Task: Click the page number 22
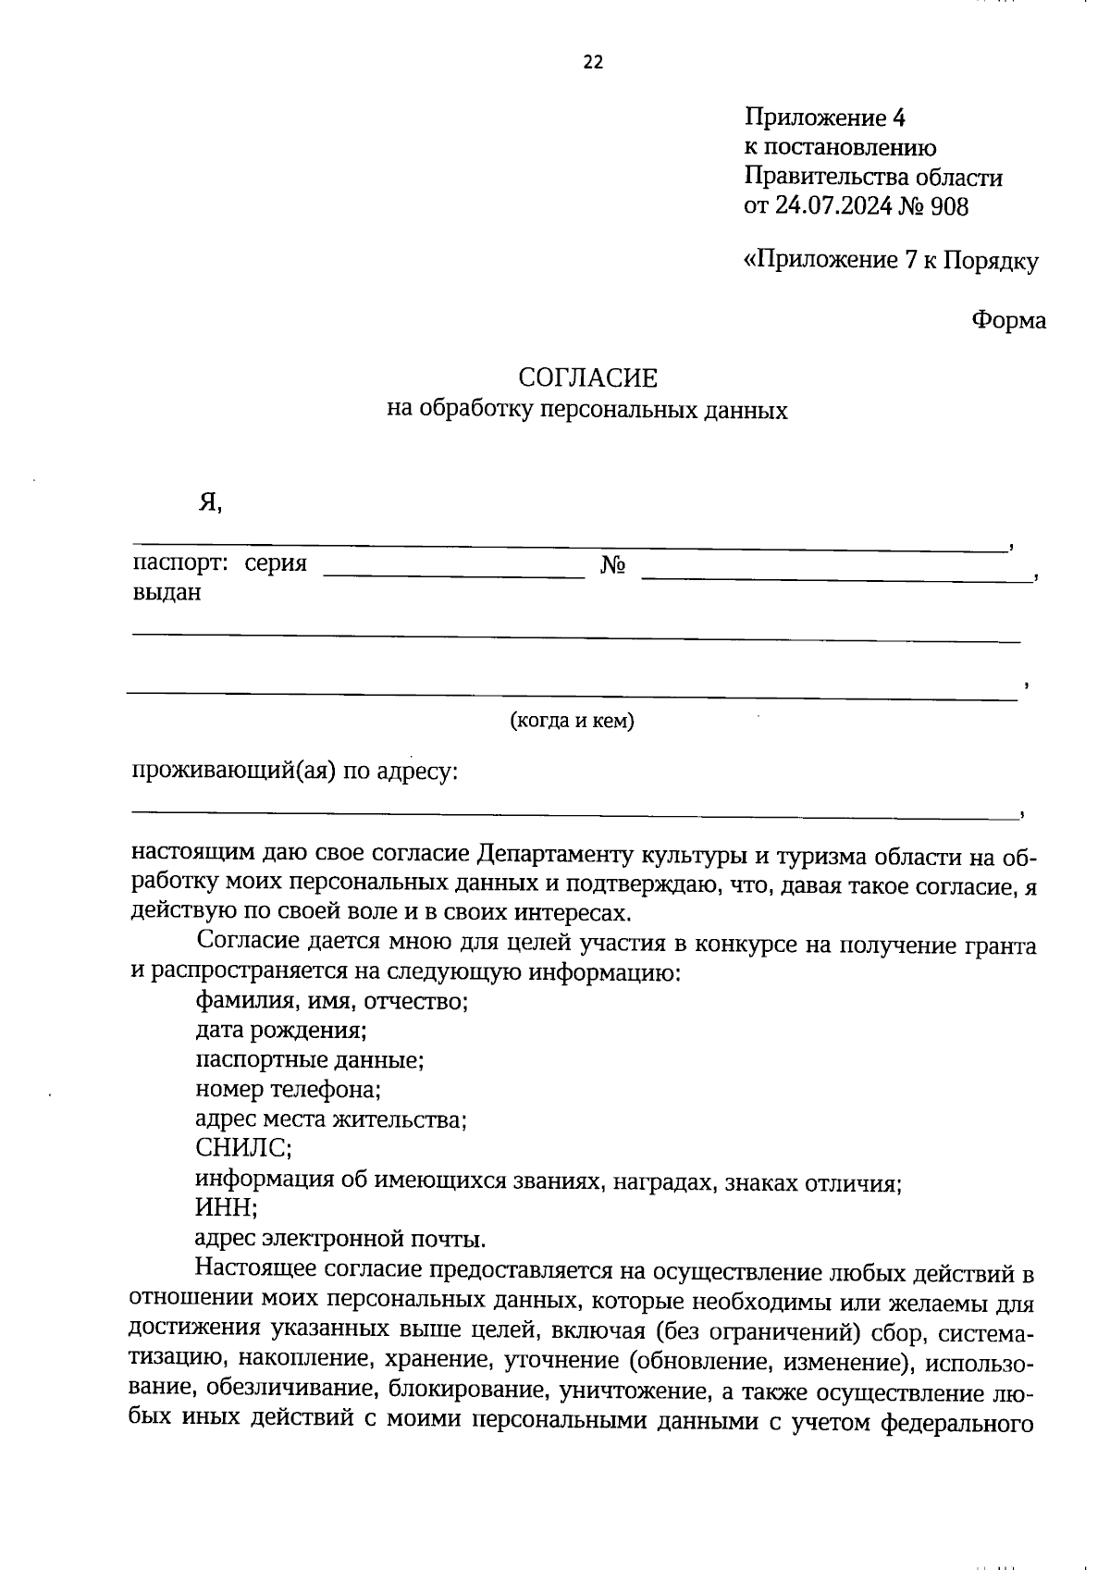pyautogui.click(x=593, y=63)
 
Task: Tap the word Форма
pyautogui.click(x=1008, y=321)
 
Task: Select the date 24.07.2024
pyautogui.click(x=832, y=206)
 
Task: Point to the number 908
pyautogui.click(x=949, y=206)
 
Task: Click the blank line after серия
pyautogui.click(x=454, y=575)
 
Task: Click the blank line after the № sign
pyautogui.click(x=837, y=578)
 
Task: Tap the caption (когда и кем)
pyautogui.click(x=573, y=721)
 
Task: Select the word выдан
pyautogui.click(x=167, y=593)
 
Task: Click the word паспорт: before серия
pyautogui.click(x=181, y=563)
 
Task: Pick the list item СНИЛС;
pyautogui.click(x=244, y=1149)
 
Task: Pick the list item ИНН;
pyautogui.click(x=227, y=1208)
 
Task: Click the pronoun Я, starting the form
pyautogui.click(x=210, y=502)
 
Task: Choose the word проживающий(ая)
pyautogui.click(x=233, y=771)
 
